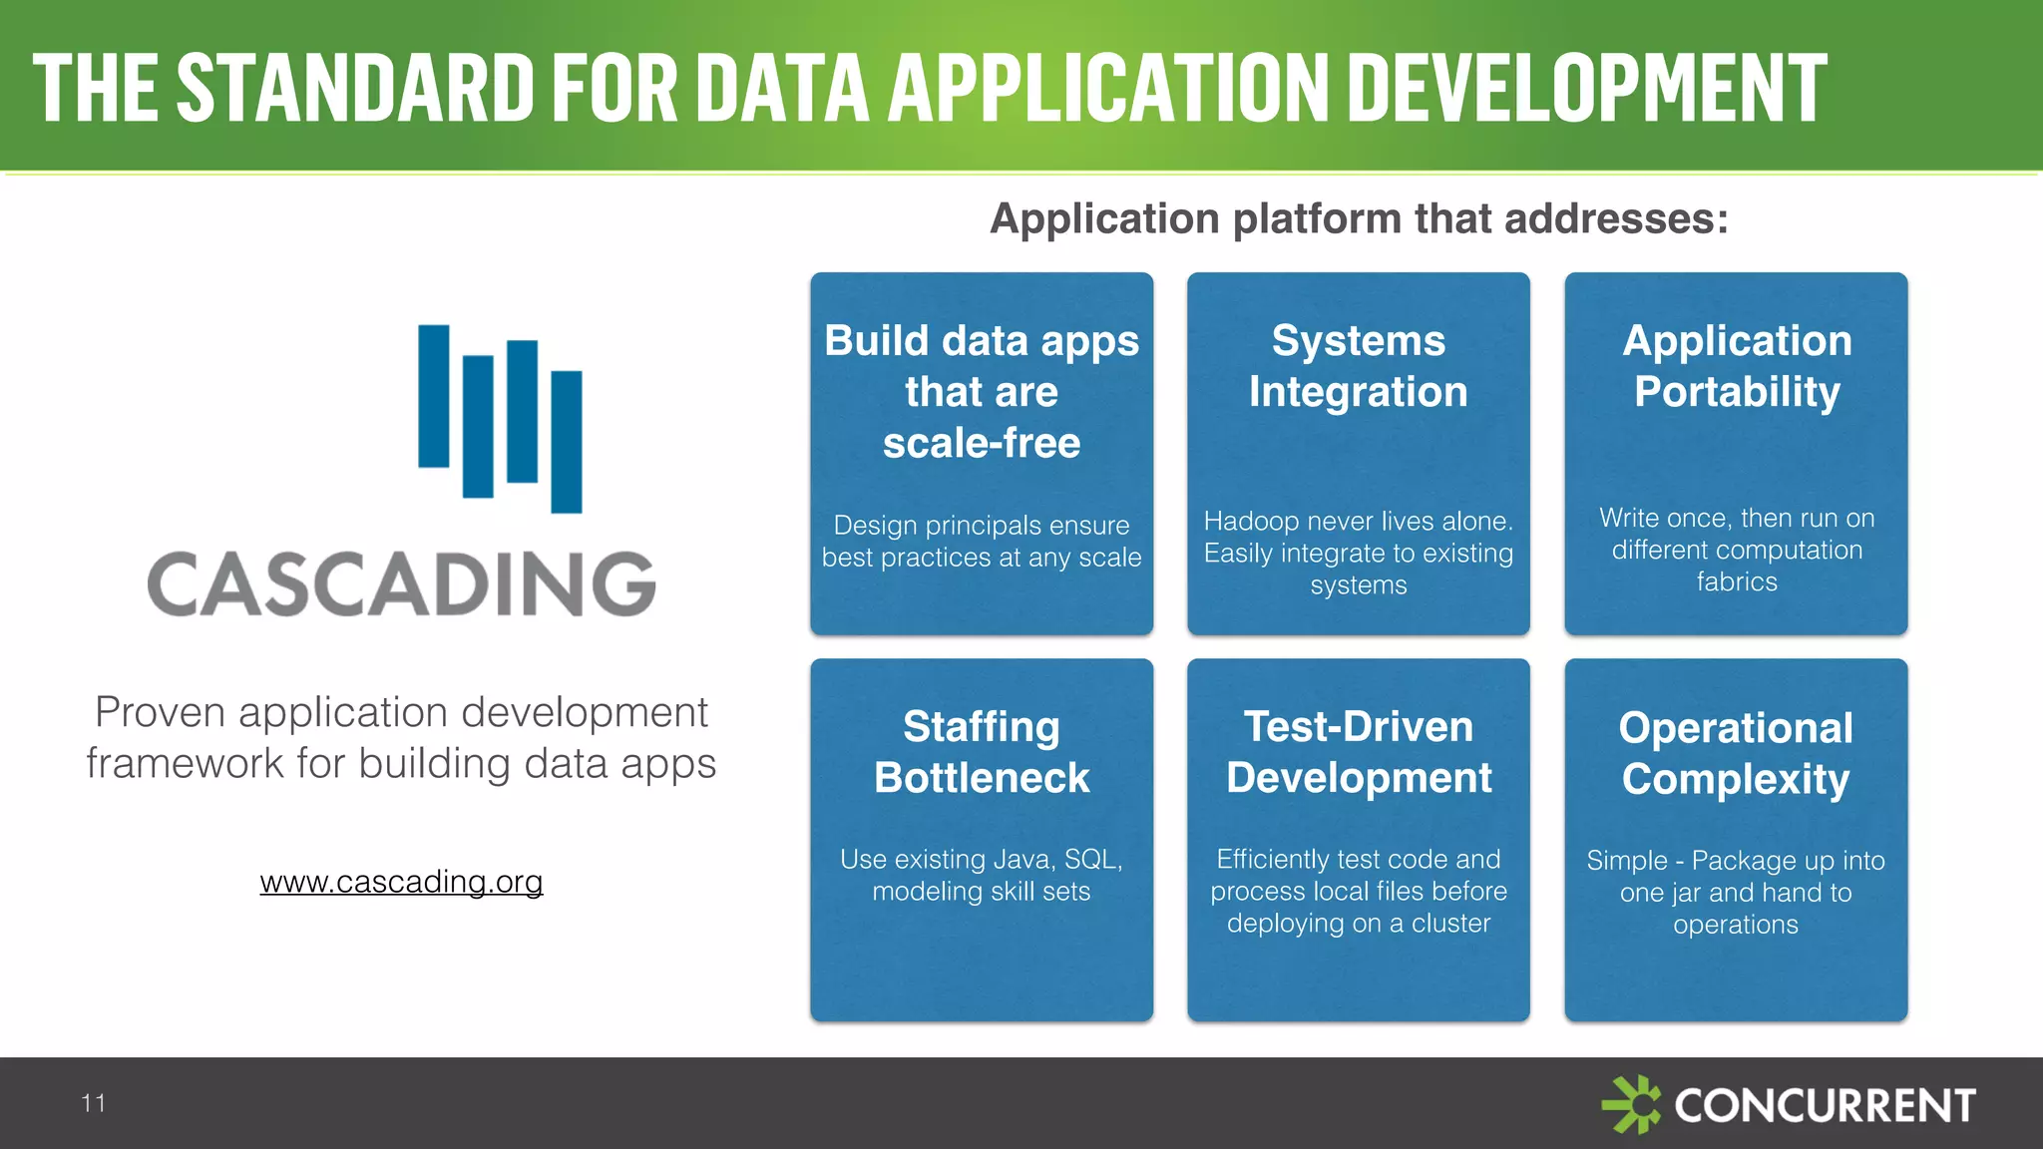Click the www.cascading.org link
401,882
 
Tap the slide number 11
93,1103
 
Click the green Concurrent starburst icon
1631,1104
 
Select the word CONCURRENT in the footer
1825,1105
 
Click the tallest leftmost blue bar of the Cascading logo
434,396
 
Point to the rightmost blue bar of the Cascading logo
567,442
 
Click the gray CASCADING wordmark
401,584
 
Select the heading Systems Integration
1358,366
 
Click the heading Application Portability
1736,366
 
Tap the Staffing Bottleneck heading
982,752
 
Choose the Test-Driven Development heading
1358,752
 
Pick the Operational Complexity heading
1736,753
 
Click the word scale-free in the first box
982,443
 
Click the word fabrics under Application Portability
1736,582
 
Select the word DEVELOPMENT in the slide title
1592,88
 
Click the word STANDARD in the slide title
355,88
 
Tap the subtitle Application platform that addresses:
1358,218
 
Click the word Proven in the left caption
160,712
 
